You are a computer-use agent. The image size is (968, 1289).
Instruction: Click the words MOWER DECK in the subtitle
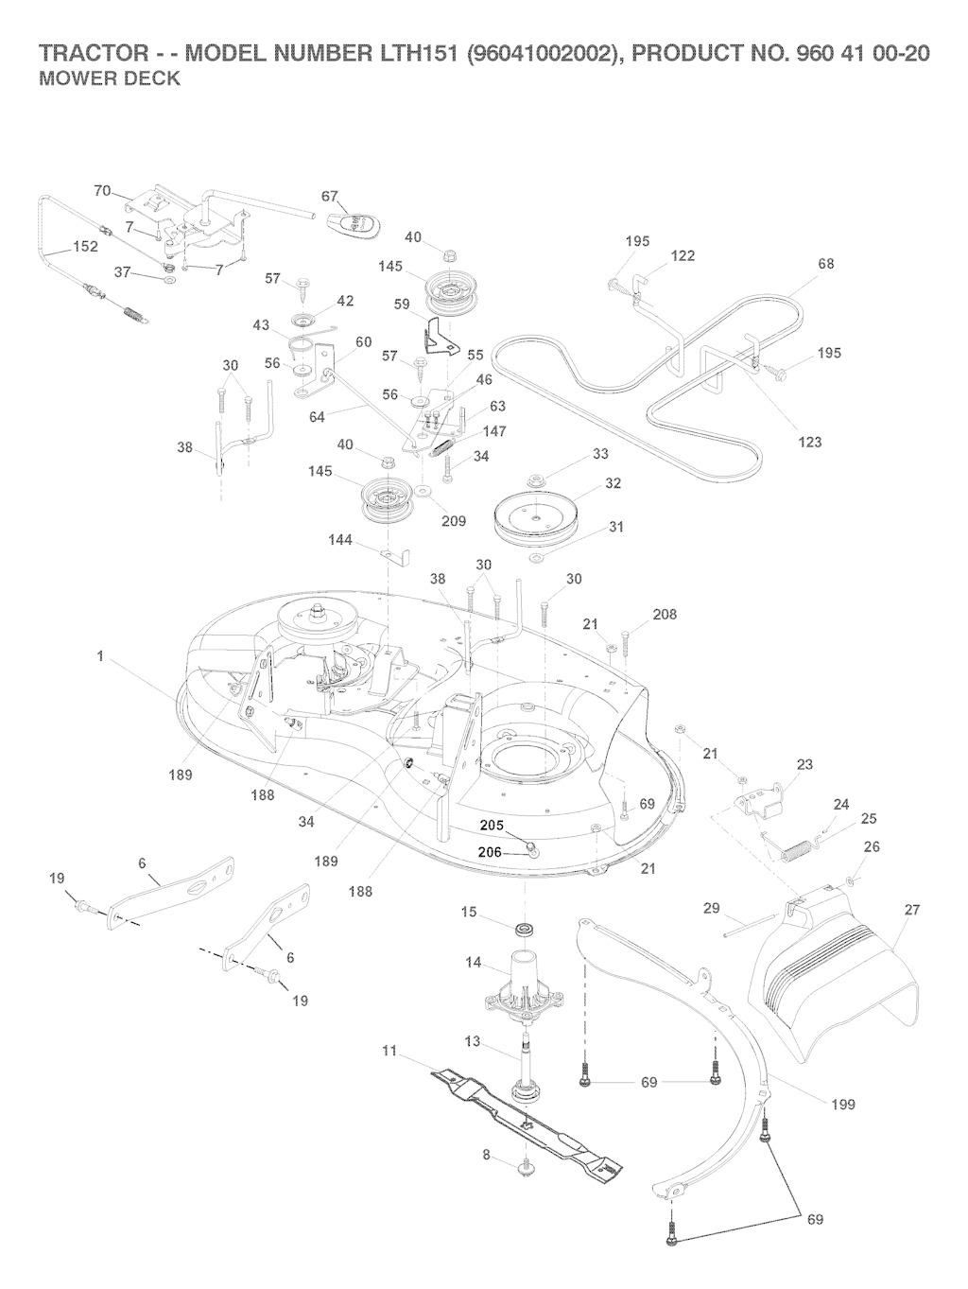pyautogui.click(x=109, y=79)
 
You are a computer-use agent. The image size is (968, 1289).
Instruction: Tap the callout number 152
pyautogui.click(x=86, y=248)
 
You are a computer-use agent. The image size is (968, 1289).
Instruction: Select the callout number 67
pyautogui.click(x=330, y=197)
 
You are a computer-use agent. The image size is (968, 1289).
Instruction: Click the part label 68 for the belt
pyautogui.click(x=826, y=264)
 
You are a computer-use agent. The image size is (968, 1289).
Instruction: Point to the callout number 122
pyautogui.click(x=683, y=255)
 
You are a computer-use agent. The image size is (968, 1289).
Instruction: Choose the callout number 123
pyautogui.click(x=810, y=442)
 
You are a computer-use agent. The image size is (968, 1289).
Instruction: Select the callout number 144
pyautogui.click(x=340, y=540)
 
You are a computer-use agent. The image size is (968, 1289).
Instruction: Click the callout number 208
pyautogui.click(x=665, y=615)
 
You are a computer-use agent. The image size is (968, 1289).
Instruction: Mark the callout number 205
pyautogui.click(x=492, y=825)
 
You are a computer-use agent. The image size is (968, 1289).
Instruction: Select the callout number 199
pyautogui.click(x=842, y=1105)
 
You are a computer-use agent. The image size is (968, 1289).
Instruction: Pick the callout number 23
pyautogui.click(x=804, y=764)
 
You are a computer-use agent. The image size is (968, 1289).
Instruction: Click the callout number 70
pyautogui.click(x=103, y=191)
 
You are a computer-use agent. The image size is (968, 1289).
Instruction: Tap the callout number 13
pyautogui.click(x=473, y=1041)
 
